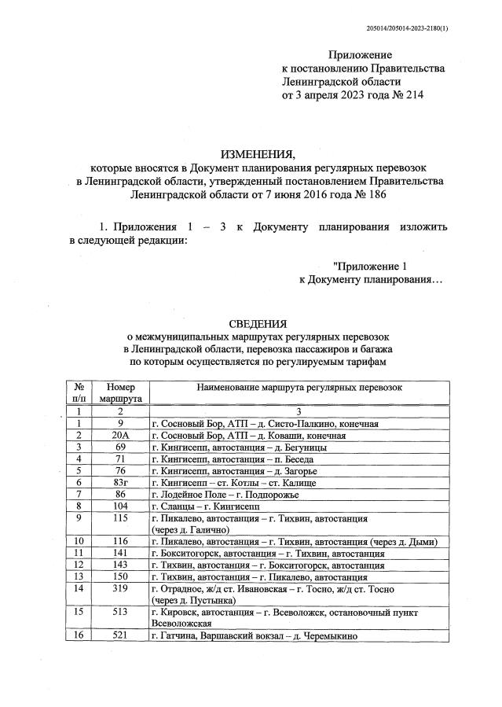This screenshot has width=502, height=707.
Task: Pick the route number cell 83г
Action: pyautogui.click(x=120, y=481)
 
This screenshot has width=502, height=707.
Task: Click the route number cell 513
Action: pyautogui.click(x=120, y=611)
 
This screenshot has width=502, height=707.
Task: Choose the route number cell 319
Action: pyautogui.click(x=120, y=588)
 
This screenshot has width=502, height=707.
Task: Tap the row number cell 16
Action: pyautogui.click(x=79, y=635)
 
